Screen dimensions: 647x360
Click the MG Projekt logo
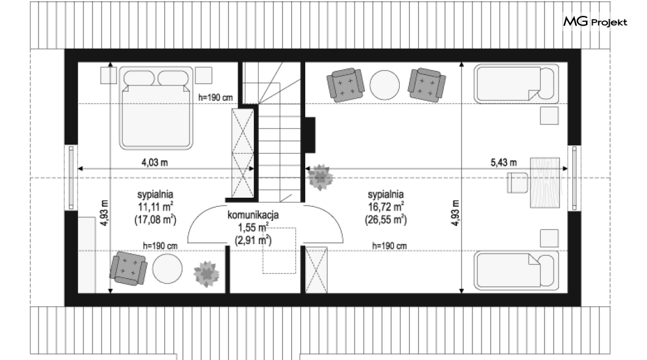[x=595, y=21]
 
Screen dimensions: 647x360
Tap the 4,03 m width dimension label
[x=155, y=162]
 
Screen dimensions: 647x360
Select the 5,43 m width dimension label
[x=504, y=162]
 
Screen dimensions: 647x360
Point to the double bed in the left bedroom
[x=156, y=107]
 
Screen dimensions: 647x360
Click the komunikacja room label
[x=253, y=215]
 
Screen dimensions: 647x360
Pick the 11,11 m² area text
[x=155, y=207]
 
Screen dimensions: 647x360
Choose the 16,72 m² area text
[x=385, y=207]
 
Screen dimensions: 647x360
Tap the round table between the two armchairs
[x=385, y=85]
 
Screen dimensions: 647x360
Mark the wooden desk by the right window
[x=545, y=182]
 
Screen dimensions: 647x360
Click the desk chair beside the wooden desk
[x=518, y=182]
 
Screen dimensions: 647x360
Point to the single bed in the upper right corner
[x=516, y=84]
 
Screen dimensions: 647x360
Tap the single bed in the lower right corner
[x=516, y=270]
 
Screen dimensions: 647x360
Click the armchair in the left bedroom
[x=128, y=268]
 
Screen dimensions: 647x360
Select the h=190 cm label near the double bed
[x=215, y=98]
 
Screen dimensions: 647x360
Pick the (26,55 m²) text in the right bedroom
[x=385, y=220]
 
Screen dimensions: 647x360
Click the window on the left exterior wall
[x=71, y=178]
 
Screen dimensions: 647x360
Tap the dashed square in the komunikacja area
[x=280, y=250]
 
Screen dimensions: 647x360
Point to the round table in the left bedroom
[x=167, y=268]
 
